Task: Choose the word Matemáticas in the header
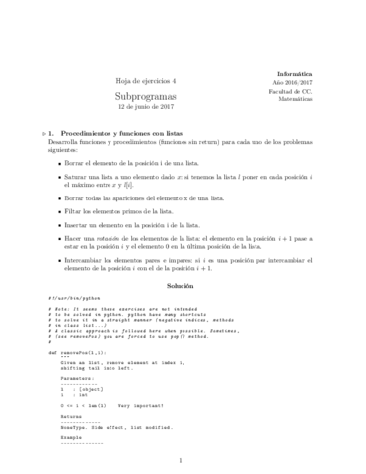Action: pyautogui.click(x=296, y=105)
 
